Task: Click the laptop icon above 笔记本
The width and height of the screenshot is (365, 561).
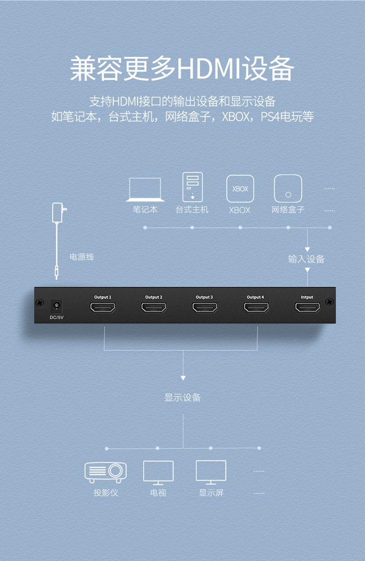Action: tap(145, 189)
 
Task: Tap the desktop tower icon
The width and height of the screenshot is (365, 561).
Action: tap(192, 187)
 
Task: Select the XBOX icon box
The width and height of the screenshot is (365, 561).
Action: tap(240, 189)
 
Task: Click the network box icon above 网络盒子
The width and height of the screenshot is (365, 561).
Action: tap(288, 189)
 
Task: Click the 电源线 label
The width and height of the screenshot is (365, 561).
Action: tap(82, 257)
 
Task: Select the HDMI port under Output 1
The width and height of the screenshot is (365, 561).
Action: tap(103, 307)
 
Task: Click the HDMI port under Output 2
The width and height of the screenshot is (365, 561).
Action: tap(154, 307)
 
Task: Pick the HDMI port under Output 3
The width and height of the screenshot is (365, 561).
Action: tap(204, 307)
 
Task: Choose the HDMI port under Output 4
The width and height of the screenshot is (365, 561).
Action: tap(256, 307)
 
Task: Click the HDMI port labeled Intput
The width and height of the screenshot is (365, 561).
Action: tap(307, 307)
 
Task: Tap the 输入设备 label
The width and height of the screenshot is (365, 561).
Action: tap(306, 259)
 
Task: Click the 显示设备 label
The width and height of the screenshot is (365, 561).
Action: tap(182, 397)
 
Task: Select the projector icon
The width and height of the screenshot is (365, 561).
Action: tap(106, 471)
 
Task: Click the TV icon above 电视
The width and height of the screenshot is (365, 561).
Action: tap(158, 472)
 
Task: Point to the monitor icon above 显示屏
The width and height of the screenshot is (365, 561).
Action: tap(211, 472)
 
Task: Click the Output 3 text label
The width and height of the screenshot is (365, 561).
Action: tap(204, 297)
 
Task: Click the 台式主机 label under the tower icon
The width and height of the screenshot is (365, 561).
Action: tap(192, 209)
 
